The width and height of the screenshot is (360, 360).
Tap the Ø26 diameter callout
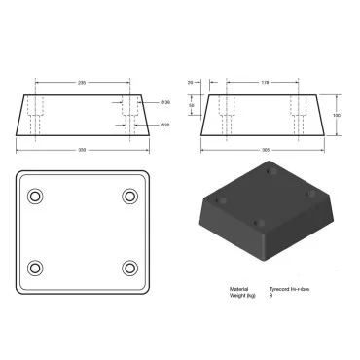click(165, 124)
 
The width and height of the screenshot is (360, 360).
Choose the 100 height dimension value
click(338, 115)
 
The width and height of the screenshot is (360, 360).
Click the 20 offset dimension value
click(192, 83)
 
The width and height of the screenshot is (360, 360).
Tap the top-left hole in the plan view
click(36, 197)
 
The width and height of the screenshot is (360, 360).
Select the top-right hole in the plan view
click(129, 197)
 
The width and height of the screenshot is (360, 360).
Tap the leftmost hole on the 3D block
click(220, 200)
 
